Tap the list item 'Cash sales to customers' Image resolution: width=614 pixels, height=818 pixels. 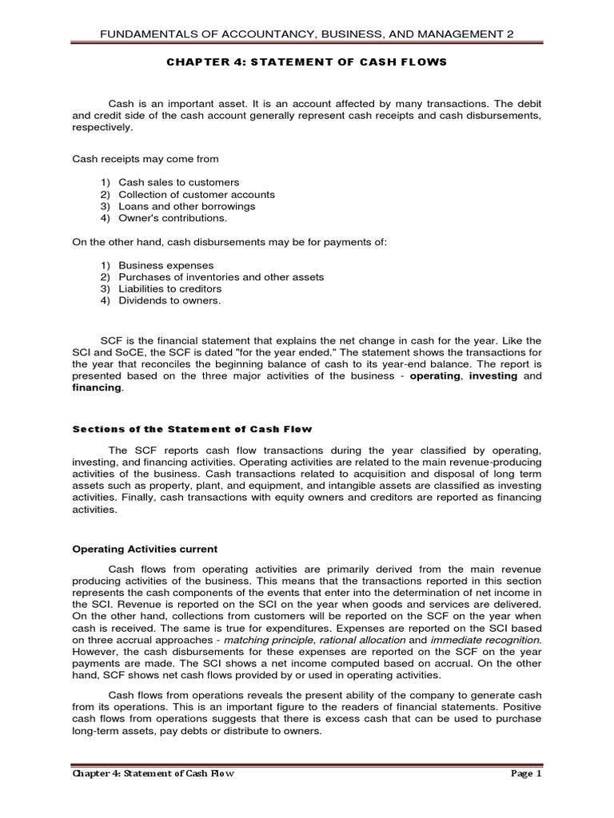[178, 183]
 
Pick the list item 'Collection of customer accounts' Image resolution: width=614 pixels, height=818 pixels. [196, 194]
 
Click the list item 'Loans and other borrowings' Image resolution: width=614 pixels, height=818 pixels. [186, 206]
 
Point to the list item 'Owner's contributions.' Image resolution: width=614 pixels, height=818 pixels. [173, 217]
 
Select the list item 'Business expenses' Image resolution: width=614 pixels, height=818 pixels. [165, 265]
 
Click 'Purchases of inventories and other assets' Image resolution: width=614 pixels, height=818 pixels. [221, 276]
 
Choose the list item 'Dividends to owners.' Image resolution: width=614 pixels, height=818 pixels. [169, 300]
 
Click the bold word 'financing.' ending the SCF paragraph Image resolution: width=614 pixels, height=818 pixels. [98, 387]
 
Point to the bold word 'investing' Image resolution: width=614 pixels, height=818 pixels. [492, 375]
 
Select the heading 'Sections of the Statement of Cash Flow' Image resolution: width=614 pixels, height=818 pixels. [192, 429]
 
